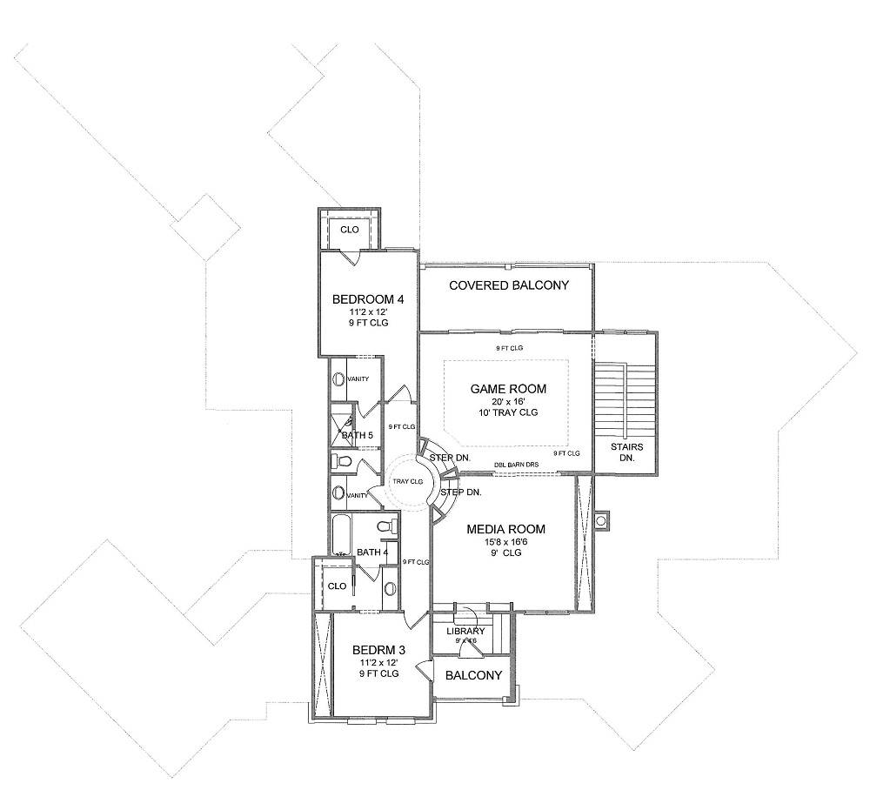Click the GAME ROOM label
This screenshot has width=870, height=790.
tap(505, 388)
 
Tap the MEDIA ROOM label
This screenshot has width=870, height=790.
tap(505, 528)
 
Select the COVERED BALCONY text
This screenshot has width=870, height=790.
tap(508, 285)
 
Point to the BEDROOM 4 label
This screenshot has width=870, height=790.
tap(362, 299)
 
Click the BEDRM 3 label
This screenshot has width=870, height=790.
tap(378, 649)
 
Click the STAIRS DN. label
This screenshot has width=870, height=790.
tap(627, 452)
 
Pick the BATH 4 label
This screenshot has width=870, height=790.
tap(371, 552)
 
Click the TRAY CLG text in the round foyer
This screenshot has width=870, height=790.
tap(408, 481)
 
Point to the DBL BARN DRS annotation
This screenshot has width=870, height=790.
tap(517, 465)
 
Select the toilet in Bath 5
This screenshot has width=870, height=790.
tap(343, 462)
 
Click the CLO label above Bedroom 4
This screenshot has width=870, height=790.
tap(349, 230)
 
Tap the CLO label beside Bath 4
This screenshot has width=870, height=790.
tap(337, 586)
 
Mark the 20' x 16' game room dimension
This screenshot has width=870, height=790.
tap(505, 401)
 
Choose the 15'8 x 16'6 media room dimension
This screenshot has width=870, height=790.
tap(505, 541)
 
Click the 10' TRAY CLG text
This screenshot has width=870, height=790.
tap(505, 412)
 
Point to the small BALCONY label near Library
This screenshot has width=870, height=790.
tap(473, 675)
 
